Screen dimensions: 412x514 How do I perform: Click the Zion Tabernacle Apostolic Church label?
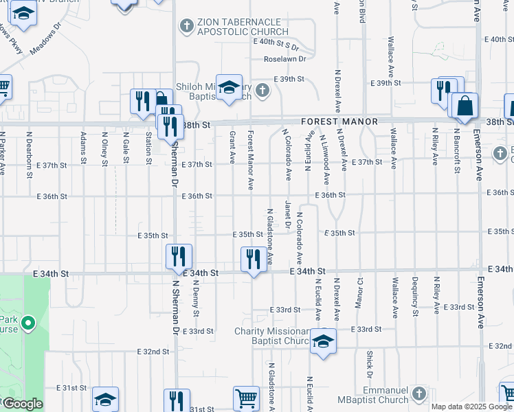click(x=242, y=27)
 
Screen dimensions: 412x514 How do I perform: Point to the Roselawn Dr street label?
click(x=287, y=59)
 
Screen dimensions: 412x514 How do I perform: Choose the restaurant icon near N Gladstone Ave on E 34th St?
click(x=253, y=259)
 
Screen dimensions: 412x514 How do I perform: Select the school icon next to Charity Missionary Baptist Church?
click(x=323, y=341)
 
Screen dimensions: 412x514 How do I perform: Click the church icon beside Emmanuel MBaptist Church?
click(x=419, y=393)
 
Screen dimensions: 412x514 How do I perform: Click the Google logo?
click(x=22, y=404)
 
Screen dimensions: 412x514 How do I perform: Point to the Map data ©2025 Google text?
click(x=471, y=407)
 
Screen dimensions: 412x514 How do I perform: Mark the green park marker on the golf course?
click(x=27, y=322)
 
